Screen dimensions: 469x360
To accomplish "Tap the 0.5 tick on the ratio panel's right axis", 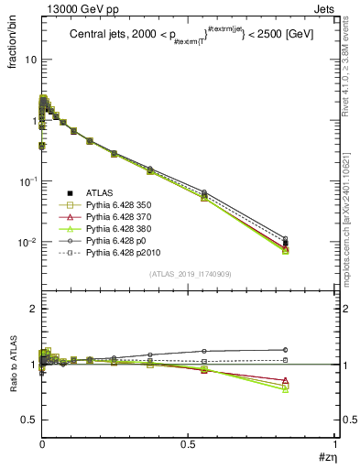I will [339, 420].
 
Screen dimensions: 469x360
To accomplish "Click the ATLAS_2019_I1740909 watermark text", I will [188, 274].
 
